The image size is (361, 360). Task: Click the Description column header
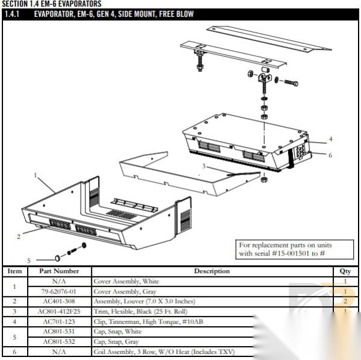pyautogui.click(x=211, y=271)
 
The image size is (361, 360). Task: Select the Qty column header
pyautogui.click(x=345, y=271)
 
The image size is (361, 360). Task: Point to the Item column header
pyautogui.click(x=14, y=271)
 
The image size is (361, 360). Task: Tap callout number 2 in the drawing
pyautogui.click(x=19, y=236)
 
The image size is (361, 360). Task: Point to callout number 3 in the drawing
pyautogui.click(x=203, y=166)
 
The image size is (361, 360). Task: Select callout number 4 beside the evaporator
pyautogui.click(x=330, y=139)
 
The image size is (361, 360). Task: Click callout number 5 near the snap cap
pyautogui.click(x=28, y=260)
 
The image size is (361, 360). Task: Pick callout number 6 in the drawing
pyautogui.click(x=330, y=155)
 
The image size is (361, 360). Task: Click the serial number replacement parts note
pyautogui.click(x=285, y=249)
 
